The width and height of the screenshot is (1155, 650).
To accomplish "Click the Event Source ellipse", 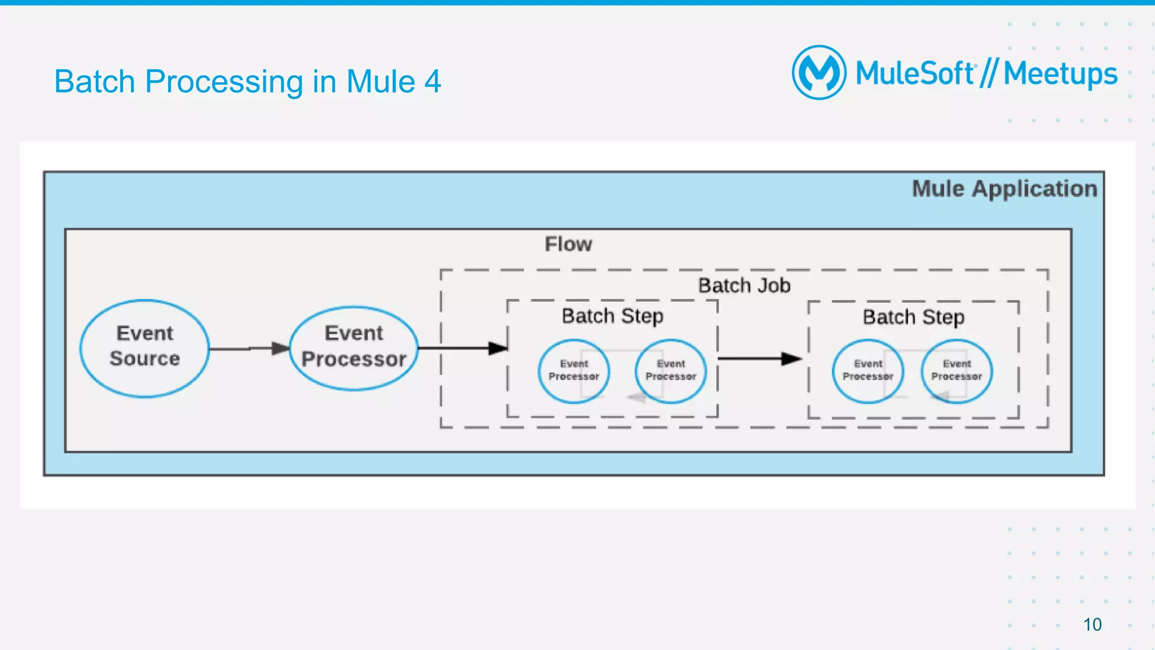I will point(144,348).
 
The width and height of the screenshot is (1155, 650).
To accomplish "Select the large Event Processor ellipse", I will point(354,348).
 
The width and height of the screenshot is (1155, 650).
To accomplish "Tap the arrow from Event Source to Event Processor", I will point(249,349).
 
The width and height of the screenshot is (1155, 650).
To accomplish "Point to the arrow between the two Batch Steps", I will point(759,358).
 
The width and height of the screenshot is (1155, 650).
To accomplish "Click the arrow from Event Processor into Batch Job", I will point(462,348).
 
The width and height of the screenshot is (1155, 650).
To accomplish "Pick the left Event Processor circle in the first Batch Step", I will point(574,371).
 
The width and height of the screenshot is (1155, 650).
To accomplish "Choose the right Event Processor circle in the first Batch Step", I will point(671,371).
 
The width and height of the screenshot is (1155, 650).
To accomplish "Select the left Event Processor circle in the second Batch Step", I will point(867,371).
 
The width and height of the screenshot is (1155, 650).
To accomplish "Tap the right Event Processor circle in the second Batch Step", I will point(956,371).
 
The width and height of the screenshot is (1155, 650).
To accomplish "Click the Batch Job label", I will point(744,286).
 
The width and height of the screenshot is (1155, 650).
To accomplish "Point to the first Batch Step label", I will point(612,316).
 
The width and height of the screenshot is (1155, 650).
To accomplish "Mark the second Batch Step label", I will point(913,317).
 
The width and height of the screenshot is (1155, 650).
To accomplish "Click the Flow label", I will point(568,244).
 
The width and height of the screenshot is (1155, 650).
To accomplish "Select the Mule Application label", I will point(1004,188).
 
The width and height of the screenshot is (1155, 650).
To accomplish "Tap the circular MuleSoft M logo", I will point(819,72).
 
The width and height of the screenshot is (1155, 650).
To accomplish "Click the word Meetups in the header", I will point(1060,74).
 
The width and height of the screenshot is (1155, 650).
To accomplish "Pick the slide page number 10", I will point(1092,625).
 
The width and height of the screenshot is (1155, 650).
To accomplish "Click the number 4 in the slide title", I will point(433,82).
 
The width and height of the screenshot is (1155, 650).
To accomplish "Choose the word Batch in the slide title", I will point(95,82).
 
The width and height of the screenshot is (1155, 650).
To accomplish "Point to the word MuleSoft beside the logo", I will point(915,73).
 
